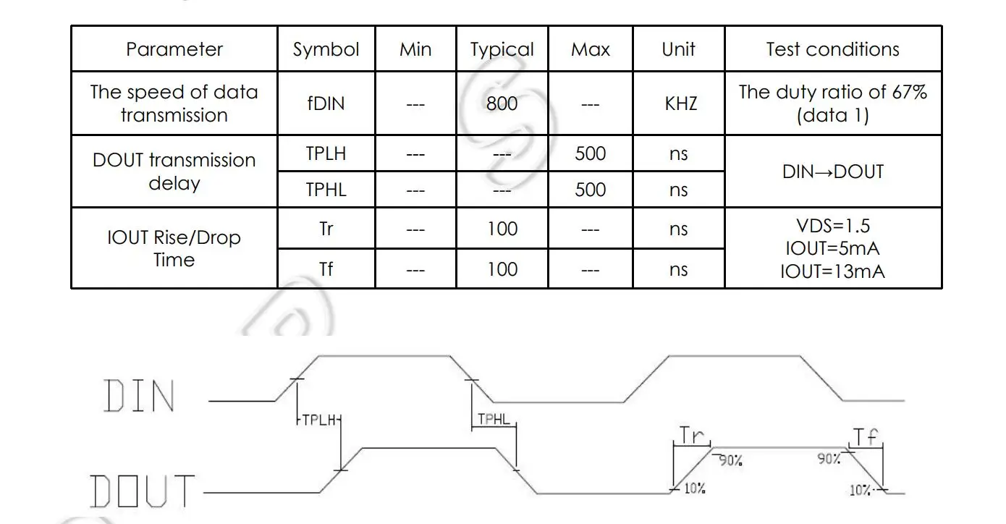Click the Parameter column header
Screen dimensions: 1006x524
[x=174, y=49]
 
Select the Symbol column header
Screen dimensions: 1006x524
[x=326, y=49]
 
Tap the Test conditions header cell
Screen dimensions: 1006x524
[x=832, y=49]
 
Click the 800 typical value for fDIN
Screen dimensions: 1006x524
[x=502, y=103]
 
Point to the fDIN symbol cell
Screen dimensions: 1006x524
[x=326, y=103]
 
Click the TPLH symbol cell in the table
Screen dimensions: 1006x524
[x=326, y=153]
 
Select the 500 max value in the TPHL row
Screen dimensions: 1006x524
[x=590, y=190]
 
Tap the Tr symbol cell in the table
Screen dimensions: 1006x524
[x=326, y=229]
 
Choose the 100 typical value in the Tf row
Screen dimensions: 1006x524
[x=502, y=269]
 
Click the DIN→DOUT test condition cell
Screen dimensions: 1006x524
[x=832, y=172]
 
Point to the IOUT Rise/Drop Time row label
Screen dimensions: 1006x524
[x=174, y=248]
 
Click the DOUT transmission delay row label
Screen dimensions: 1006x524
[x=174, y=172]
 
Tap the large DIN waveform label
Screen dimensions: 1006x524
[x=140, y=397]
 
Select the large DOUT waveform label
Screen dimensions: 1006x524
[x=143, y=491]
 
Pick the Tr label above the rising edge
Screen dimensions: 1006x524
[x=692, y=435]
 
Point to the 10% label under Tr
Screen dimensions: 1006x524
[x=694, y=489]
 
